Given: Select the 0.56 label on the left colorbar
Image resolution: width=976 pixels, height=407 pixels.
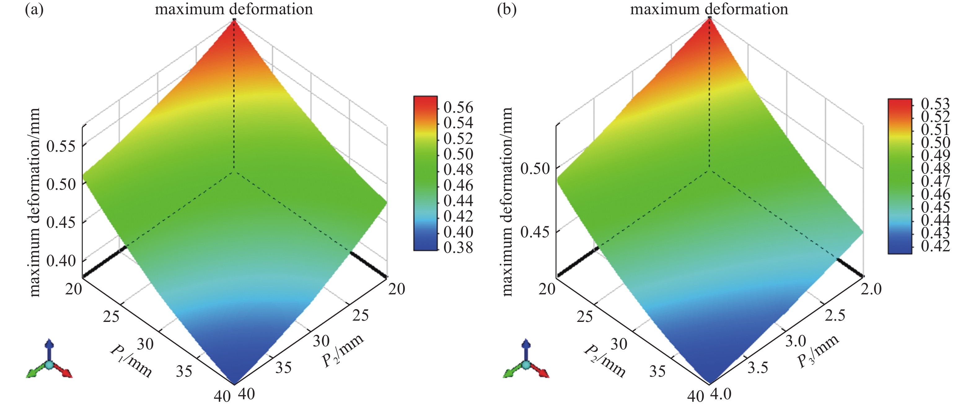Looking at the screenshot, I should point(458,107).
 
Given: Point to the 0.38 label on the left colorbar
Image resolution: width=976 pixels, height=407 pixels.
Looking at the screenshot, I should point(458,248).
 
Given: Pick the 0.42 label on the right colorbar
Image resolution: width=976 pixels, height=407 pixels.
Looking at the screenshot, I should point(935,246).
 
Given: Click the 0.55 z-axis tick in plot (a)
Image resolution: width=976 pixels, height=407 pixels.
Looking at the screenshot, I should point(61,146).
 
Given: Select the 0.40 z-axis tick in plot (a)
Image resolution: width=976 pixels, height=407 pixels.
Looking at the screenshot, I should point(61,261).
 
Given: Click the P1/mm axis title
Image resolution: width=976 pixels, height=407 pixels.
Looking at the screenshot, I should point(131,361).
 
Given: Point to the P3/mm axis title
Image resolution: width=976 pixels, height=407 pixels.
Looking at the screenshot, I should point(818,351).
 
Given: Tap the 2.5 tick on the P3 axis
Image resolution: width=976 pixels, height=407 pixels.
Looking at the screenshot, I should point(835,315).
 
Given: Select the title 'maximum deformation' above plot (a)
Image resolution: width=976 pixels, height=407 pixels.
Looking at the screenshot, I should point(234,9).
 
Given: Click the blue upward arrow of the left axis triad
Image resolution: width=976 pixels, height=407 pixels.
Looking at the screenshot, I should point(49,346).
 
